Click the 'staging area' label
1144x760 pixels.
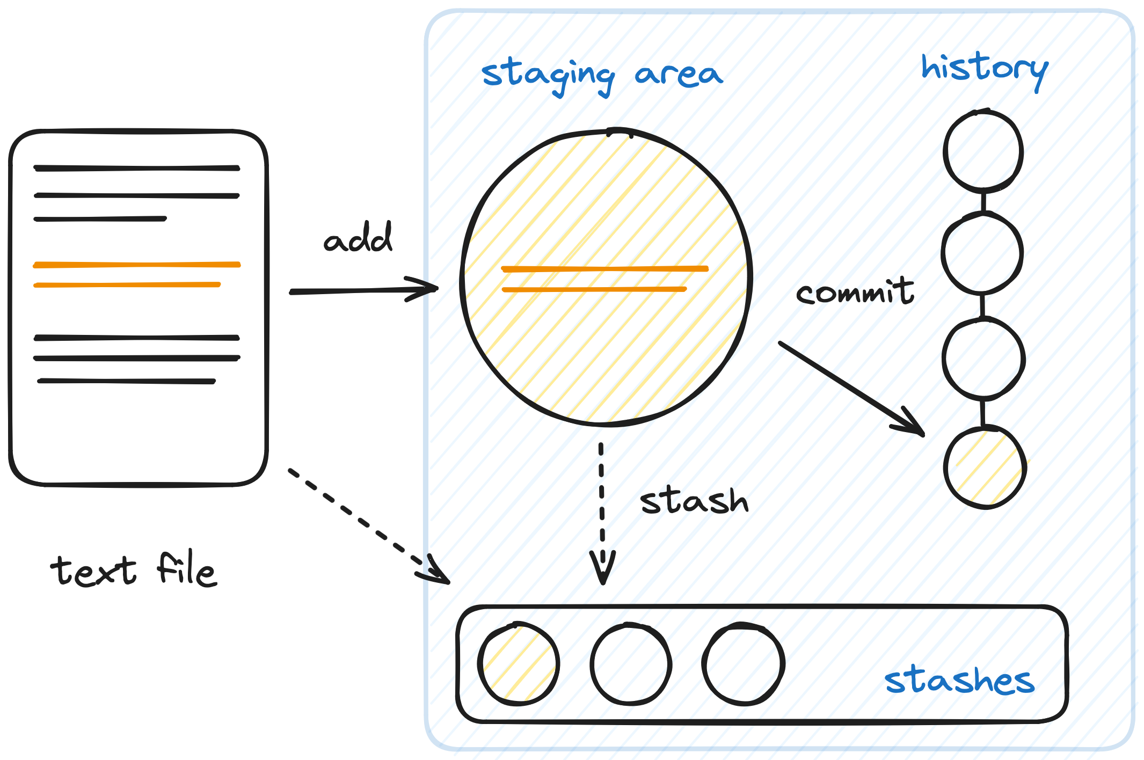(602, 76)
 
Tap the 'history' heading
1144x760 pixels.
(985, 69)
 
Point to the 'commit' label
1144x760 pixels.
(855, 293)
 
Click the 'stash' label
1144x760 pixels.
(694, 501)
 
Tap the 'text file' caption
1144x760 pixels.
(134, 570)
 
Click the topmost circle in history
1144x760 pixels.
(983, 151)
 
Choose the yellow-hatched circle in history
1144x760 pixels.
(985, 467)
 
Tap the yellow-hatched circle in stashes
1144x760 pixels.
(519, 664)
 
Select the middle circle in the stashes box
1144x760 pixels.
(631, 664)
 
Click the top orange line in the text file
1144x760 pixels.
(137, 265)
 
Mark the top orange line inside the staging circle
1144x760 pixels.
(604, 269)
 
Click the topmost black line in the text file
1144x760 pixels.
(137, 168)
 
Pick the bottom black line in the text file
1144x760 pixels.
(127, 381)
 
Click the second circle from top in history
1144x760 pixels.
(982, 253)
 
